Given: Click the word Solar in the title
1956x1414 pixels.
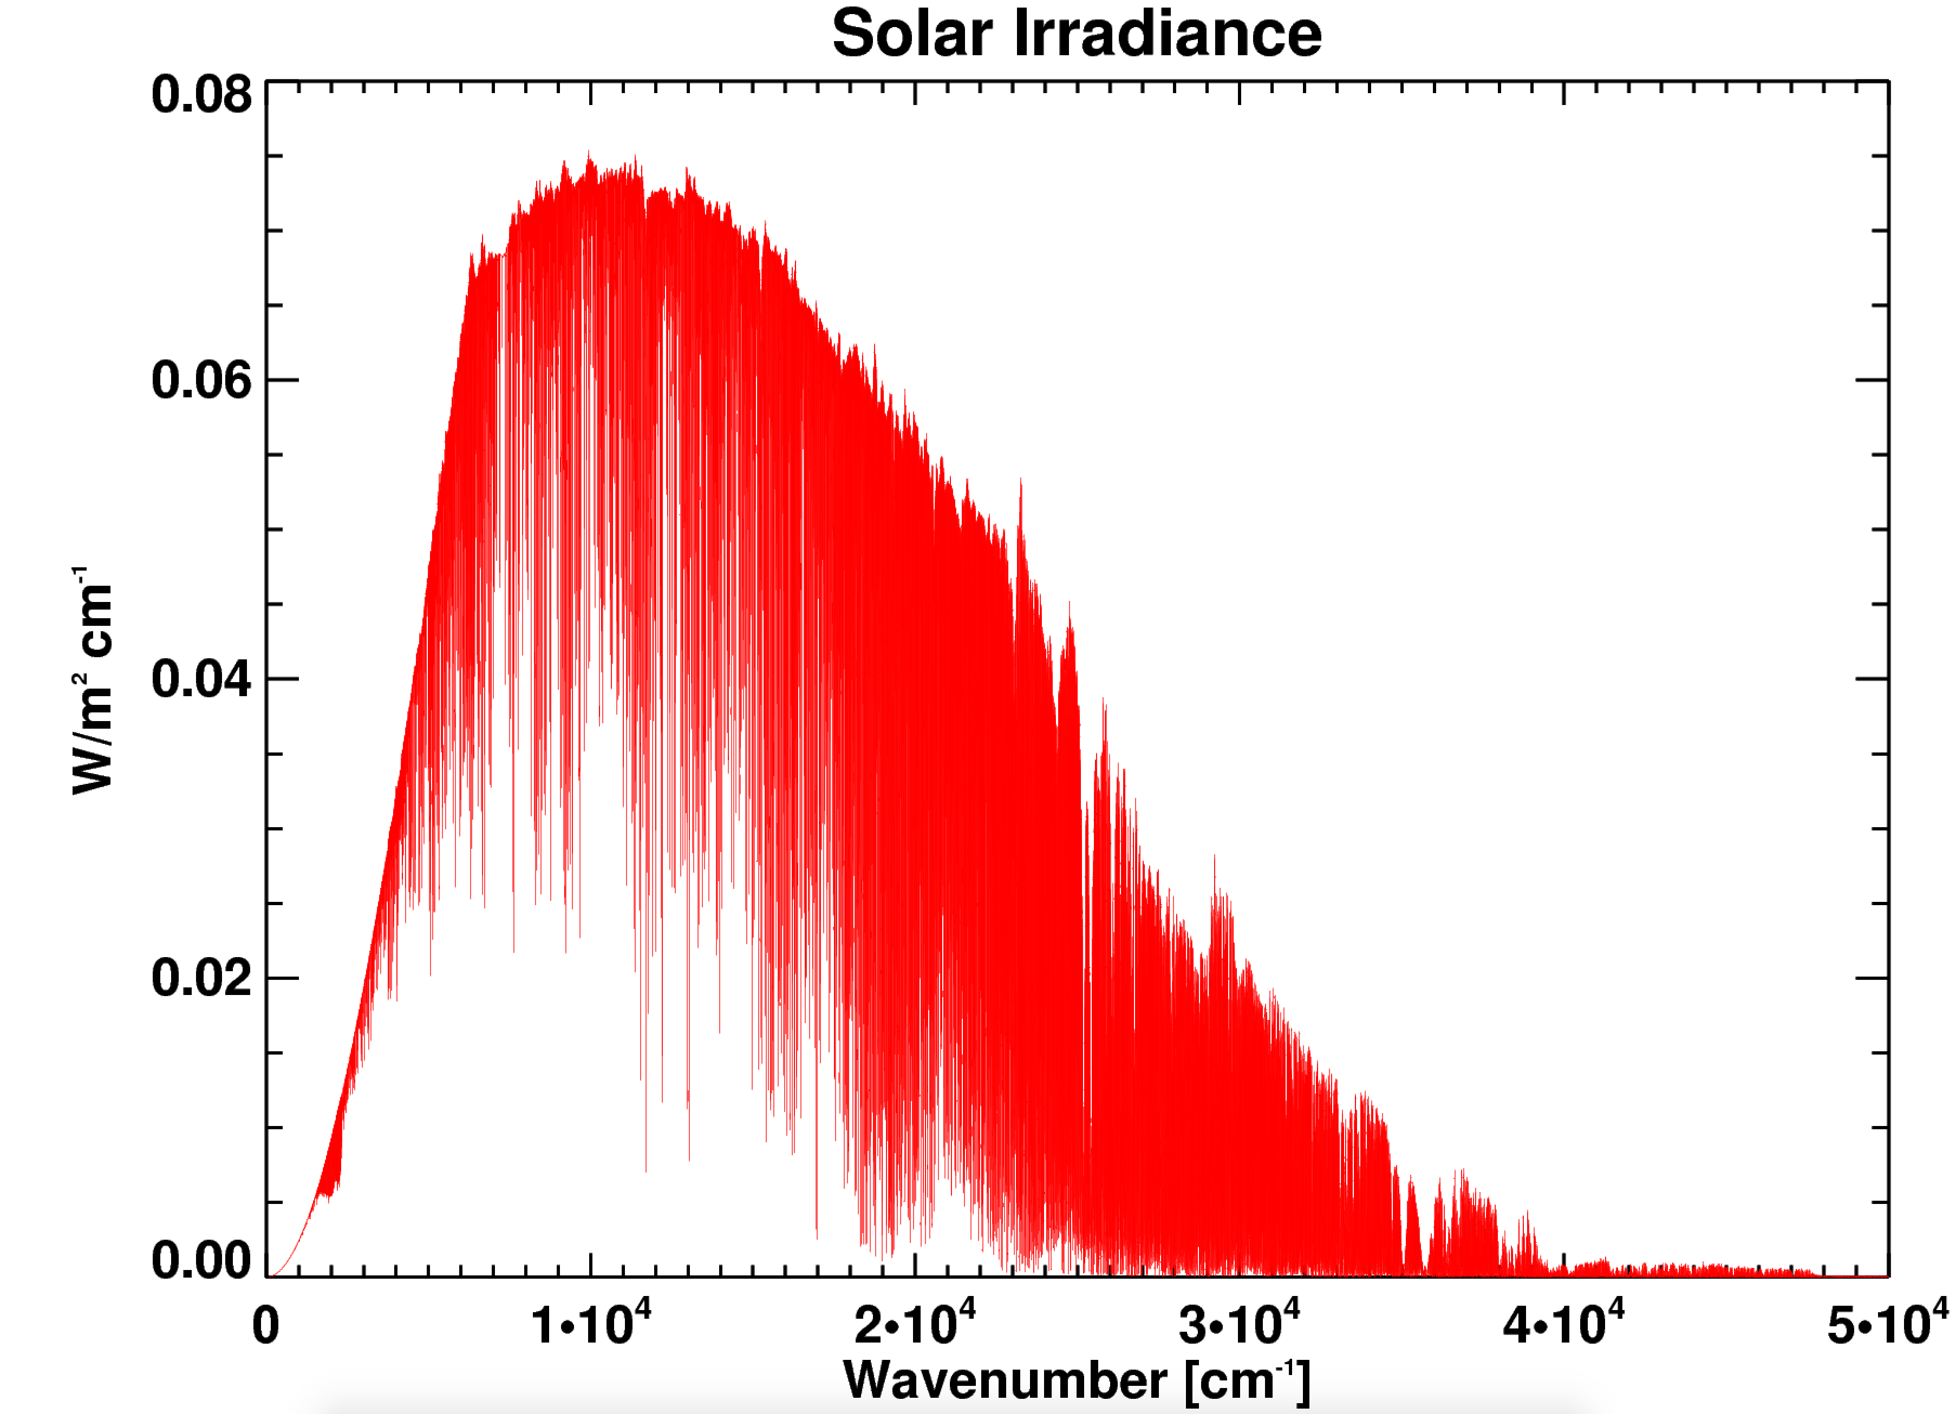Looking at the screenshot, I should [x=912, y=35].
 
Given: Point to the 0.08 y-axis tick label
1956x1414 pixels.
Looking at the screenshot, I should [x=201, y=94].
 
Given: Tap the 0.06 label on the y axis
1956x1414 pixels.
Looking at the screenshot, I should [x=201, y=379].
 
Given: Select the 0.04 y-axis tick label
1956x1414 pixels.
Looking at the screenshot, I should [x=201, y=679].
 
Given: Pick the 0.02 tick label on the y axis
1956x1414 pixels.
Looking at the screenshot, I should [x=201, y=978].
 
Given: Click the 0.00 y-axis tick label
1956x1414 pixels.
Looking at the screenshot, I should [x=201, y=1261].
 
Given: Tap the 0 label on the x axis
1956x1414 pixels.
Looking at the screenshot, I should [x=266, y=1326].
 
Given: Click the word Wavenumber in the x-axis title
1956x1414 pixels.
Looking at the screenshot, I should [x=1005, y=1380].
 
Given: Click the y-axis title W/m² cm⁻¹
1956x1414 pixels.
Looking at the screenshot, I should [x=92, y=681].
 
